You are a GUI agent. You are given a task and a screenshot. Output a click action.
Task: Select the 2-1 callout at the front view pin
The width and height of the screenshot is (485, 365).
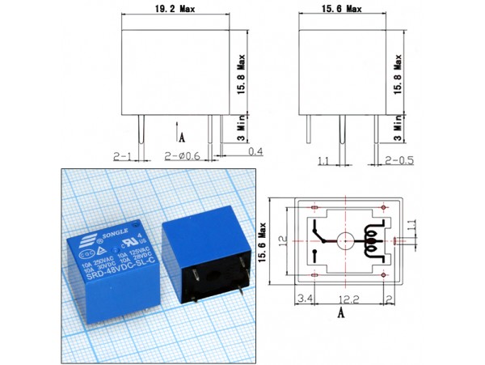click(x=124, y=155)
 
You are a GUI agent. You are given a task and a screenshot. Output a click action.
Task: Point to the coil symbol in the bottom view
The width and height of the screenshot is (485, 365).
click(x=373, y=240)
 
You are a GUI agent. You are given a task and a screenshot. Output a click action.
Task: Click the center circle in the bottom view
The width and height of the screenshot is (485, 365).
click(x=344, y=241)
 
